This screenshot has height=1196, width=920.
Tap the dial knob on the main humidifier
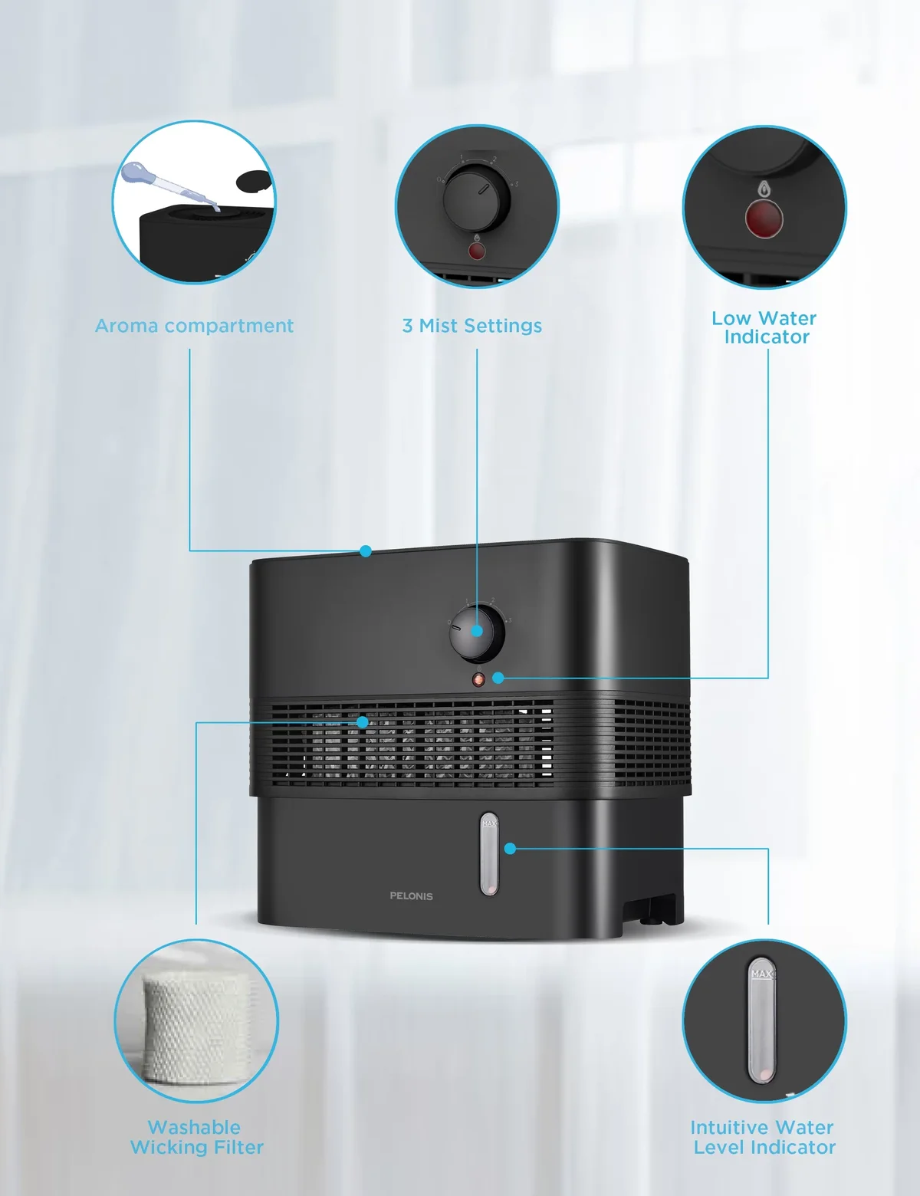coord(477,633)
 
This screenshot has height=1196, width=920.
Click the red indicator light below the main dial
coord(478,680)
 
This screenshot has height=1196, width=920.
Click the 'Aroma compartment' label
coord(194,325)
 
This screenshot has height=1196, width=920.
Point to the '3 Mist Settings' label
coord(472,325)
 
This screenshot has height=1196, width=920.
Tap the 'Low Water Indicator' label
coord(764,327)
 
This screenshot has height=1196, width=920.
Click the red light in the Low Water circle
coord(764,219)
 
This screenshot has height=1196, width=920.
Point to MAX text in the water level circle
coord(763,974)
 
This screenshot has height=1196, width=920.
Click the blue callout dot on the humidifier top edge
coord(366,551)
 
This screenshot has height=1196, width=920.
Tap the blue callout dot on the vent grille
coord(362,722)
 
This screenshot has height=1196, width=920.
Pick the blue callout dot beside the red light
coord(498,678)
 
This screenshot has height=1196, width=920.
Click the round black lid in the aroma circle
coord(255,180)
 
